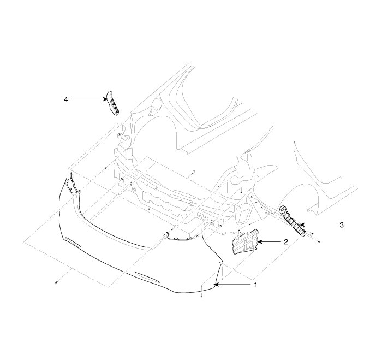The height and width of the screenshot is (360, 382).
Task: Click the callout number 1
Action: (255, 285)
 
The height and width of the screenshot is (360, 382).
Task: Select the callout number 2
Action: (286, 241)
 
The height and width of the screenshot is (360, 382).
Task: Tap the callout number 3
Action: (342, 225)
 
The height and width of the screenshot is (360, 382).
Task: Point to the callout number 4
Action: (66, 99)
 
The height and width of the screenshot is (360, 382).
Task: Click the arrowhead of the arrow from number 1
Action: (216, 285)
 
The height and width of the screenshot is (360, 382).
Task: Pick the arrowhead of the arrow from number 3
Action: (302, 225)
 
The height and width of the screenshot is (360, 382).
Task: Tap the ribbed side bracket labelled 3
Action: (292, 220)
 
